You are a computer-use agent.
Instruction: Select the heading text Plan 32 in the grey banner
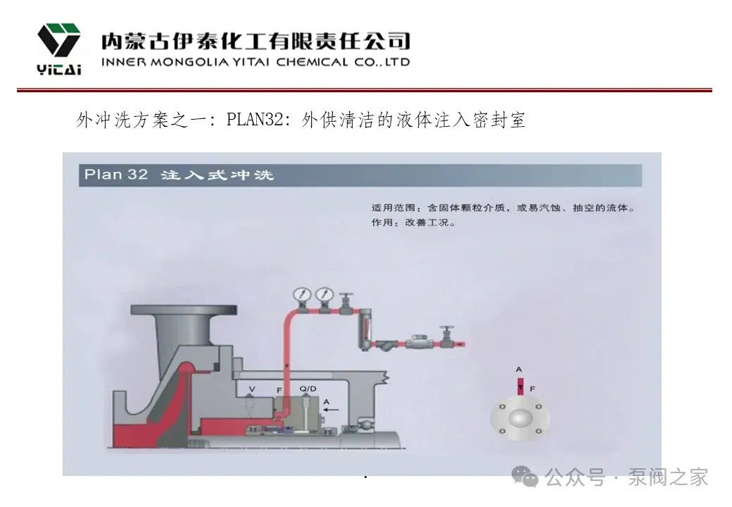pyautogui.click(x=115, y=174)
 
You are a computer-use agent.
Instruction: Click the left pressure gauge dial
pyautogui.click(x=304, y=294)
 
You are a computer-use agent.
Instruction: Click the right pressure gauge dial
pyautogui.click(x=324, y=294)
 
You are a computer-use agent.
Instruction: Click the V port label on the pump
pyautogui.click(x=253, y=389)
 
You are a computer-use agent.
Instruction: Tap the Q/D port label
pyautogui.click(x=308, y=389)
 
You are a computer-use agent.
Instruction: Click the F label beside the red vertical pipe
pyautogui.click(x=279, y=390)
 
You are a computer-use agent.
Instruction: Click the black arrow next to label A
pyautogui.click(x=330, y=408)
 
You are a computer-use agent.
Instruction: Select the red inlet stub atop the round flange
pyautogui.click(x=519, y=387)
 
